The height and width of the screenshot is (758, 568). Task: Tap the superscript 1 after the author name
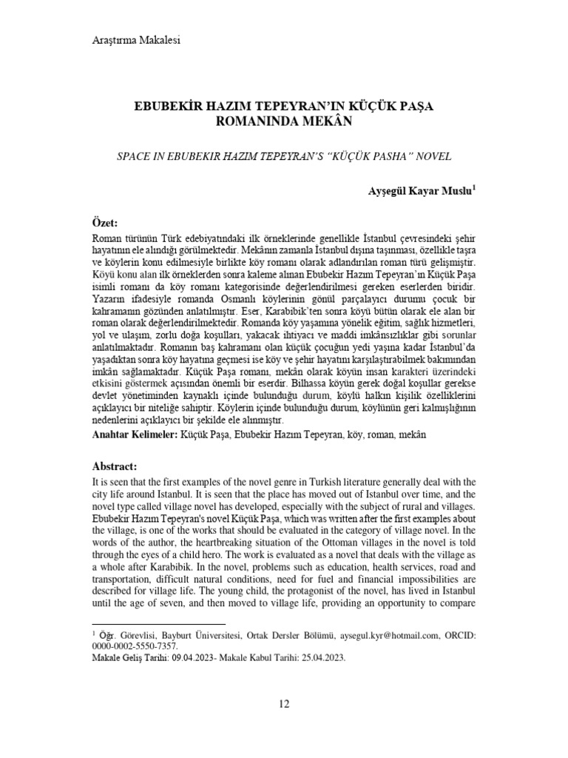coord(474,189)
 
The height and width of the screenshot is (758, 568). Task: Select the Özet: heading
coord(104,224)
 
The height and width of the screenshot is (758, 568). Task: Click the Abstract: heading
coord(115,468)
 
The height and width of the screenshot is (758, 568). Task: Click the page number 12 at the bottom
coord(284,703)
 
